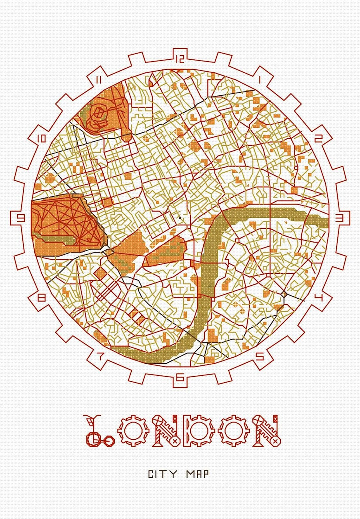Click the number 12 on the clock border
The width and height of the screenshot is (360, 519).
coord(180,59)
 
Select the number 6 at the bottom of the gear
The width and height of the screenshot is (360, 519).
coord(180,377)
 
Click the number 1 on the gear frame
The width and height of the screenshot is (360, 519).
coord(260,80)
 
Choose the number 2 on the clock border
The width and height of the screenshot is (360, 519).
coord(318,138)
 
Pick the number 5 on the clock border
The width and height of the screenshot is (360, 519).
coord(260,356)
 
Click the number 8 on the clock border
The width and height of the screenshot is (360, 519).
coord(41,298)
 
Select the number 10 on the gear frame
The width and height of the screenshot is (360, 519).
coord(41,139)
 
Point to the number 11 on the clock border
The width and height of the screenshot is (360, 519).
coord(99,80)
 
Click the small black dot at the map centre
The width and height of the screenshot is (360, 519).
coord(180,218)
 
